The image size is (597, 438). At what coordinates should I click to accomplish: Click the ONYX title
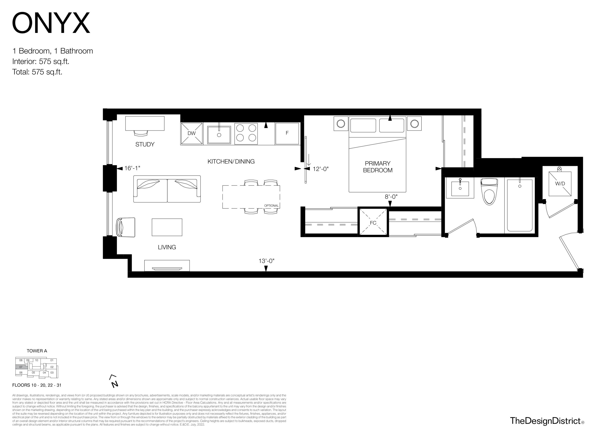[x=51, y=23]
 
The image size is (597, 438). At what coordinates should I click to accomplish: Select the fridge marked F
[x=287, y=133]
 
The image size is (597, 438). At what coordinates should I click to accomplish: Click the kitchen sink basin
[x=219, y=135]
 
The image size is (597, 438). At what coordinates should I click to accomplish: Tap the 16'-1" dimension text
[x=132, y=168]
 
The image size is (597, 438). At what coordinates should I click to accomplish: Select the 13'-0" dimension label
[x=266, y=261]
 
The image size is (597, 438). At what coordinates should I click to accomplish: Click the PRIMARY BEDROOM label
[x=378, y=167]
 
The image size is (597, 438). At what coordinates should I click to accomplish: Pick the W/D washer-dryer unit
[x=560, y=183]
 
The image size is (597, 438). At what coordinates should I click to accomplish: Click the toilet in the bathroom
[x=489, y=191]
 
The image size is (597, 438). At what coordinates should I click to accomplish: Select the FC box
[x=373, y=222]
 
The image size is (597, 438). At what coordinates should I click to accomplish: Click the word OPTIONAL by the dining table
[x=271, y=206]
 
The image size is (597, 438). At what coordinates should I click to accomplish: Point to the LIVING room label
[x=167, y=247]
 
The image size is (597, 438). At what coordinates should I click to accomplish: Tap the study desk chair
[x=141, y=133]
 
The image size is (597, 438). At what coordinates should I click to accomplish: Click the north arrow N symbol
[x=114, y=381]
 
